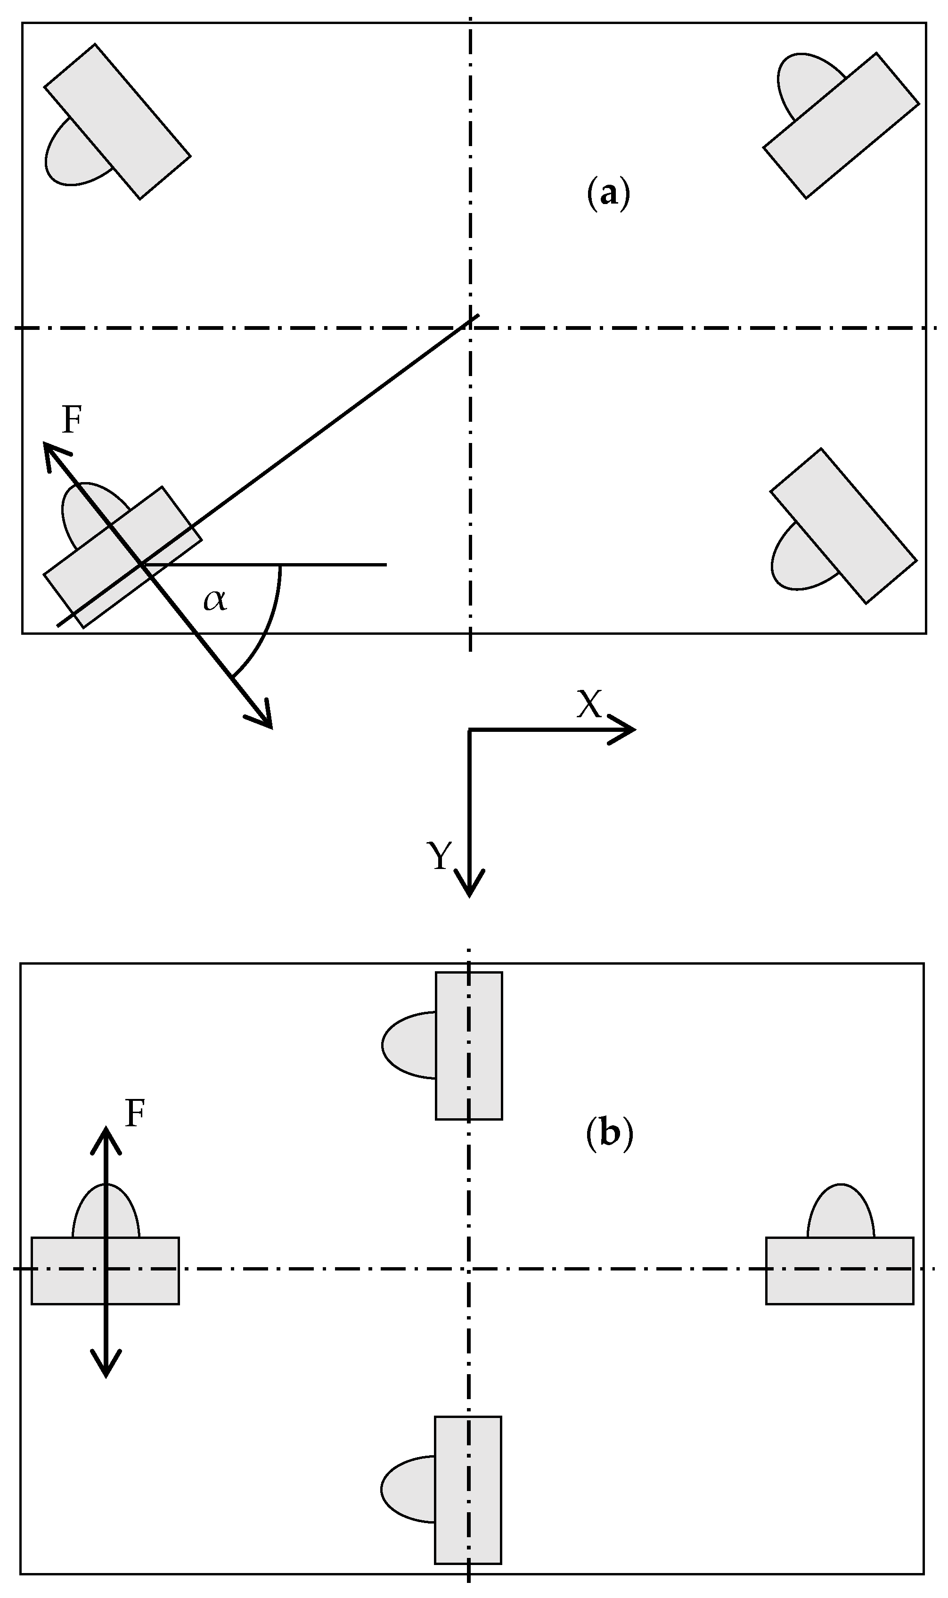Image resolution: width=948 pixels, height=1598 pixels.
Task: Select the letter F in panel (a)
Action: [72, 420]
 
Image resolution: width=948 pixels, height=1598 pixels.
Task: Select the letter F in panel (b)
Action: [135, 1113]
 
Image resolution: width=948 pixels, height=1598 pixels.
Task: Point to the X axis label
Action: [588, 705]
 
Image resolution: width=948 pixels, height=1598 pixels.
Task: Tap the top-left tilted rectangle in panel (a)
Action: [117, 122]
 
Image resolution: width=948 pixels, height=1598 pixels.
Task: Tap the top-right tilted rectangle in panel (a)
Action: [841, 125]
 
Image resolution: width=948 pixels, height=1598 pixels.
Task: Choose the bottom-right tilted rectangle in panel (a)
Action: [843, 526]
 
